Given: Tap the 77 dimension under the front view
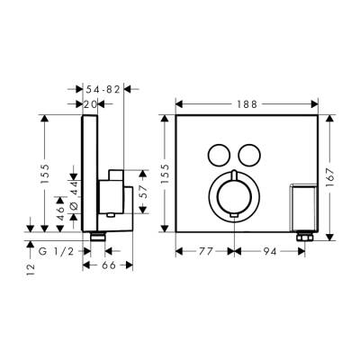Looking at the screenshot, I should pos(206,253).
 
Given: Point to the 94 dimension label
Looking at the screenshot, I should pos(270,253).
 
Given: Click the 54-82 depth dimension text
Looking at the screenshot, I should pos(100,90).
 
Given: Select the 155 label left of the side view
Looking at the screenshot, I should pos(46,174).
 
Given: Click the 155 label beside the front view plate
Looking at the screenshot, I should pos(164,174).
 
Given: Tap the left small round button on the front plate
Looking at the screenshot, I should pos(216,152).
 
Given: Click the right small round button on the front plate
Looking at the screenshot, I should pos(249,152).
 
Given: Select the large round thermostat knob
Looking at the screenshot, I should pos(232,195).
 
